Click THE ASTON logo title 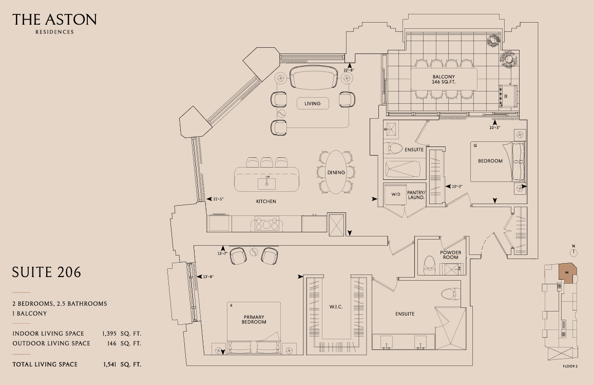54,20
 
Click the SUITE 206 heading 47,272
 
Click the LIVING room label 313,103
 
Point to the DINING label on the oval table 336,173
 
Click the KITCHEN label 266,201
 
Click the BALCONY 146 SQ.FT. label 444,79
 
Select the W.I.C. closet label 336,307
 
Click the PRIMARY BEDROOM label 254,319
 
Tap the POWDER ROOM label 450,255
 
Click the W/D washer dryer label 395,194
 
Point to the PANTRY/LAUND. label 416,195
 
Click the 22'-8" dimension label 349,70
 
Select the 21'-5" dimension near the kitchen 218,199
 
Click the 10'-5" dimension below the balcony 494,128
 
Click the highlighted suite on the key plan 567,274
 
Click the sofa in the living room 314,77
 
